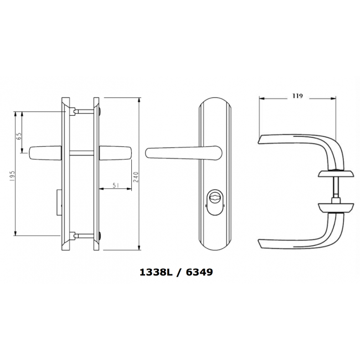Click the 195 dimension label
12,177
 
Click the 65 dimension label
19,135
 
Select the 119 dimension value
297,96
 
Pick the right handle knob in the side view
116,151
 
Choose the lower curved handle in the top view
299,239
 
